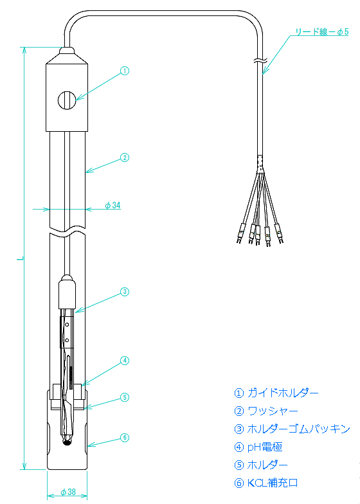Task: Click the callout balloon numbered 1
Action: (x=125, y=71)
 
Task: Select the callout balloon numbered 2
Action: (x=125, y=157)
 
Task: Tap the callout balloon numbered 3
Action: (x=125, y=292)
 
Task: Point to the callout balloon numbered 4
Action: (x=125, y=361)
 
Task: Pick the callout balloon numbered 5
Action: (x=125, y=397)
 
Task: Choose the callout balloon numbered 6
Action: (x=125, y=437)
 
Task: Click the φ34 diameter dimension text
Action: (x=113, y=205)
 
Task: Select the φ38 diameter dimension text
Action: (x=68, y=492)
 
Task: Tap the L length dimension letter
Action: (x=21, y=258)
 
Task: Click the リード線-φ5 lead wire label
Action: (x=321, y=32)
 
